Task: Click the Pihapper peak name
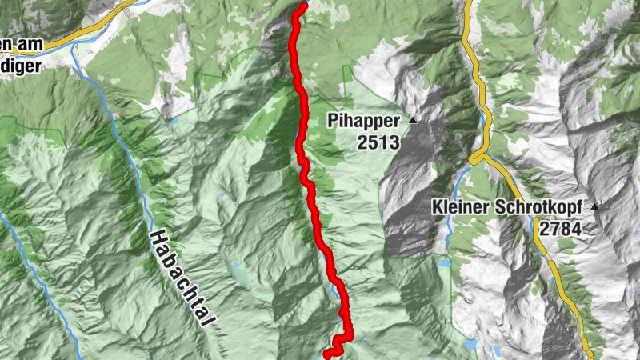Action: click(x=362, y=121)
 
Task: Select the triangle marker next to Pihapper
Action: click(x=413, y=121)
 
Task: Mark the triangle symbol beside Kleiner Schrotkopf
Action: click(x=595, y=206)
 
